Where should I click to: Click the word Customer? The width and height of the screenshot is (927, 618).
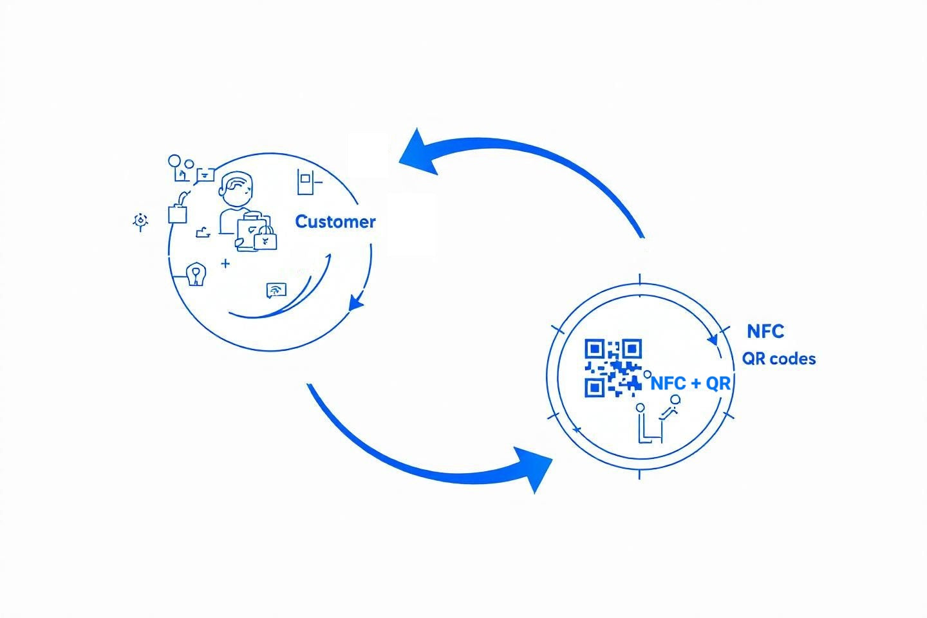pyautogui.click(x=335, y=222)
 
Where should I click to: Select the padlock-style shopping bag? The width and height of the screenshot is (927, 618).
pyautogui.click(x=265, y=239)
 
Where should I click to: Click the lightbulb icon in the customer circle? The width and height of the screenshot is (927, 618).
pyautogui.click(x=196, y=274)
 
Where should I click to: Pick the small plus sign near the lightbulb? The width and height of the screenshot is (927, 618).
pyautogui.click(x=225, y=263)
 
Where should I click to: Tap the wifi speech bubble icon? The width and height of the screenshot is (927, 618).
pyautogui.click(x=276, y=290)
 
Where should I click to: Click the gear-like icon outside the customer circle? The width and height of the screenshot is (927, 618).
pyautogui.click(x=140, y=221)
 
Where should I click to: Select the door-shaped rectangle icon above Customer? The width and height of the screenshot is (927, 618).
pyautogui.click(x=304, y=182)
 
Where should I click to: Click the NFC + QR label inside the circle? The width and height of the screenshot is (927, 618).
pyautogui.click(x=691, y=384)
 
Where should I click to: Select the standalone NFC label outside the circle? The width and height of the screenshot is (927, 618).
pyautogui.click(x=765, y=332)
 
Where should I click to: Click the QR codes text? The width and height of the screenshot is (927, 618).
pyautogui.click(x=779, y=359)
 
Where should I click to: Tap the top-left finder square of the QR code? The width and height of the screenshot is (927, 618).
pyautogui.click(x=594, y=350)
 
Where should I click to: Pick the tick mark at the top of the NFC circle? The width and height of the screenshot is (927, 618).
pyautogui.click(x=640, y=279)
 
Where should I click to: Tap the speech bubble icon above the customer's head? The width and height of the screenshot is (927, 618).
pyautogui.click(x=205, y=174)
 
